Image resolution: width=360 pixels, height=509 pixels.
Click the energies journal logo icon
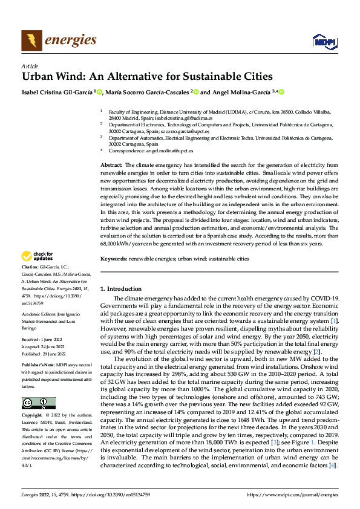click(31, 41)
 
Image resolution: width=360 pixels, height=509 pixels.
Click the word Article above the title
click(29, 66)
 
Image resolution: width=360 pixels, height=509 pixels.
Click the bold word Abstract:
click(111, 165)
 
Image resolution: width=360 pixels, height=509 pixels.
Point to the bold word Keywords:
click(114, 259)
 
